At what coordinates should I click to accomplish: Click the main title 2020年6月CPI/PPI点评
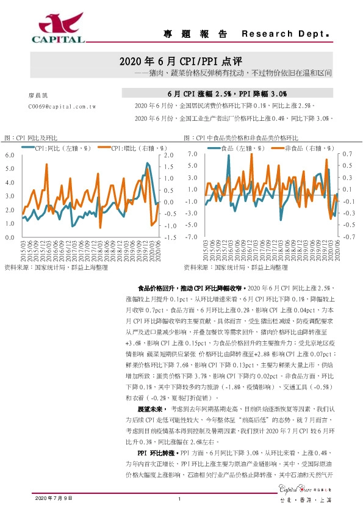point(181,62)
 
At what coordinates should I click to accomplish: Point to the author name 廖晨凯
point(37,96)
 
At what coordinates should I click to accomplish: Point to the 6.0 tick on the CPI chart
point(9,156)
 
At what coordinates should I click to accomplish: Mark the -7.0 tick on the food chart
point(192,236)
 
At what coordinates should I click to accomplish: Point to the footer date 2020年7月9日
point(54,499)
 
